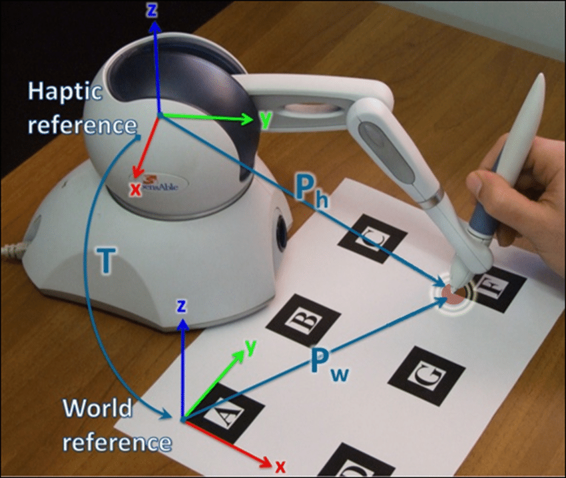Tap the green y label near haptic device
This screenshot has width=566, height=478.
tap(266, 119)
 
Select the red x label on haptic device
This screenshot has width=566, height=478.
tap(135, 189)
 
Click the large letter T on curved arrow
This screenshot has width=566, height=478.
tap(104, 262)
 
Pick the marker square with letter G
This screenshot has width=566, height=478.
tap(426, 375)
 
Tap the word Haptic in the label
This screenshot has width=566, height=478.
tap(65, 92)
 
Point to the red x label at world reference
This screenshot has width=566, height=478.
tap(280, 466)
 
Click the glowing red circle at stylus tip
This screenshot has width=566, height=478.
tap(451, 292)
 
